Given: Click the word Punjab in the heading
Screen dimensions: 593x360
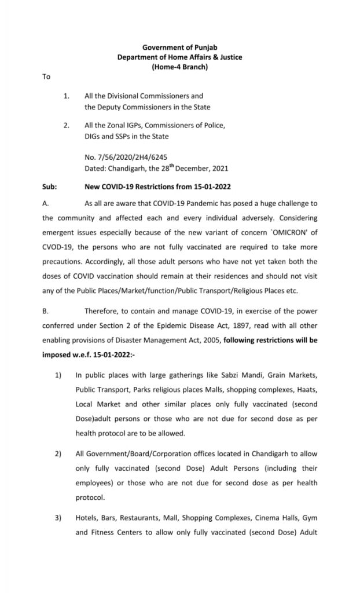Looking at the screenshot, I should [x=206, y=47].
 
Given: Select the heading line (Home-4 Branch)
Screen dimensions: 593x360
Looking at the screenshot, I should [x=179, y=67].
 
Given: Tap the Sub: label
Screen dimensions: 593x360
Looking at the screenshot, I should [x=49, y=188].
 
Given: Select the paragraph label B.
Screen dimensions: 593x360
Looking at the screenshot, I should [x=45, y=311].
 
